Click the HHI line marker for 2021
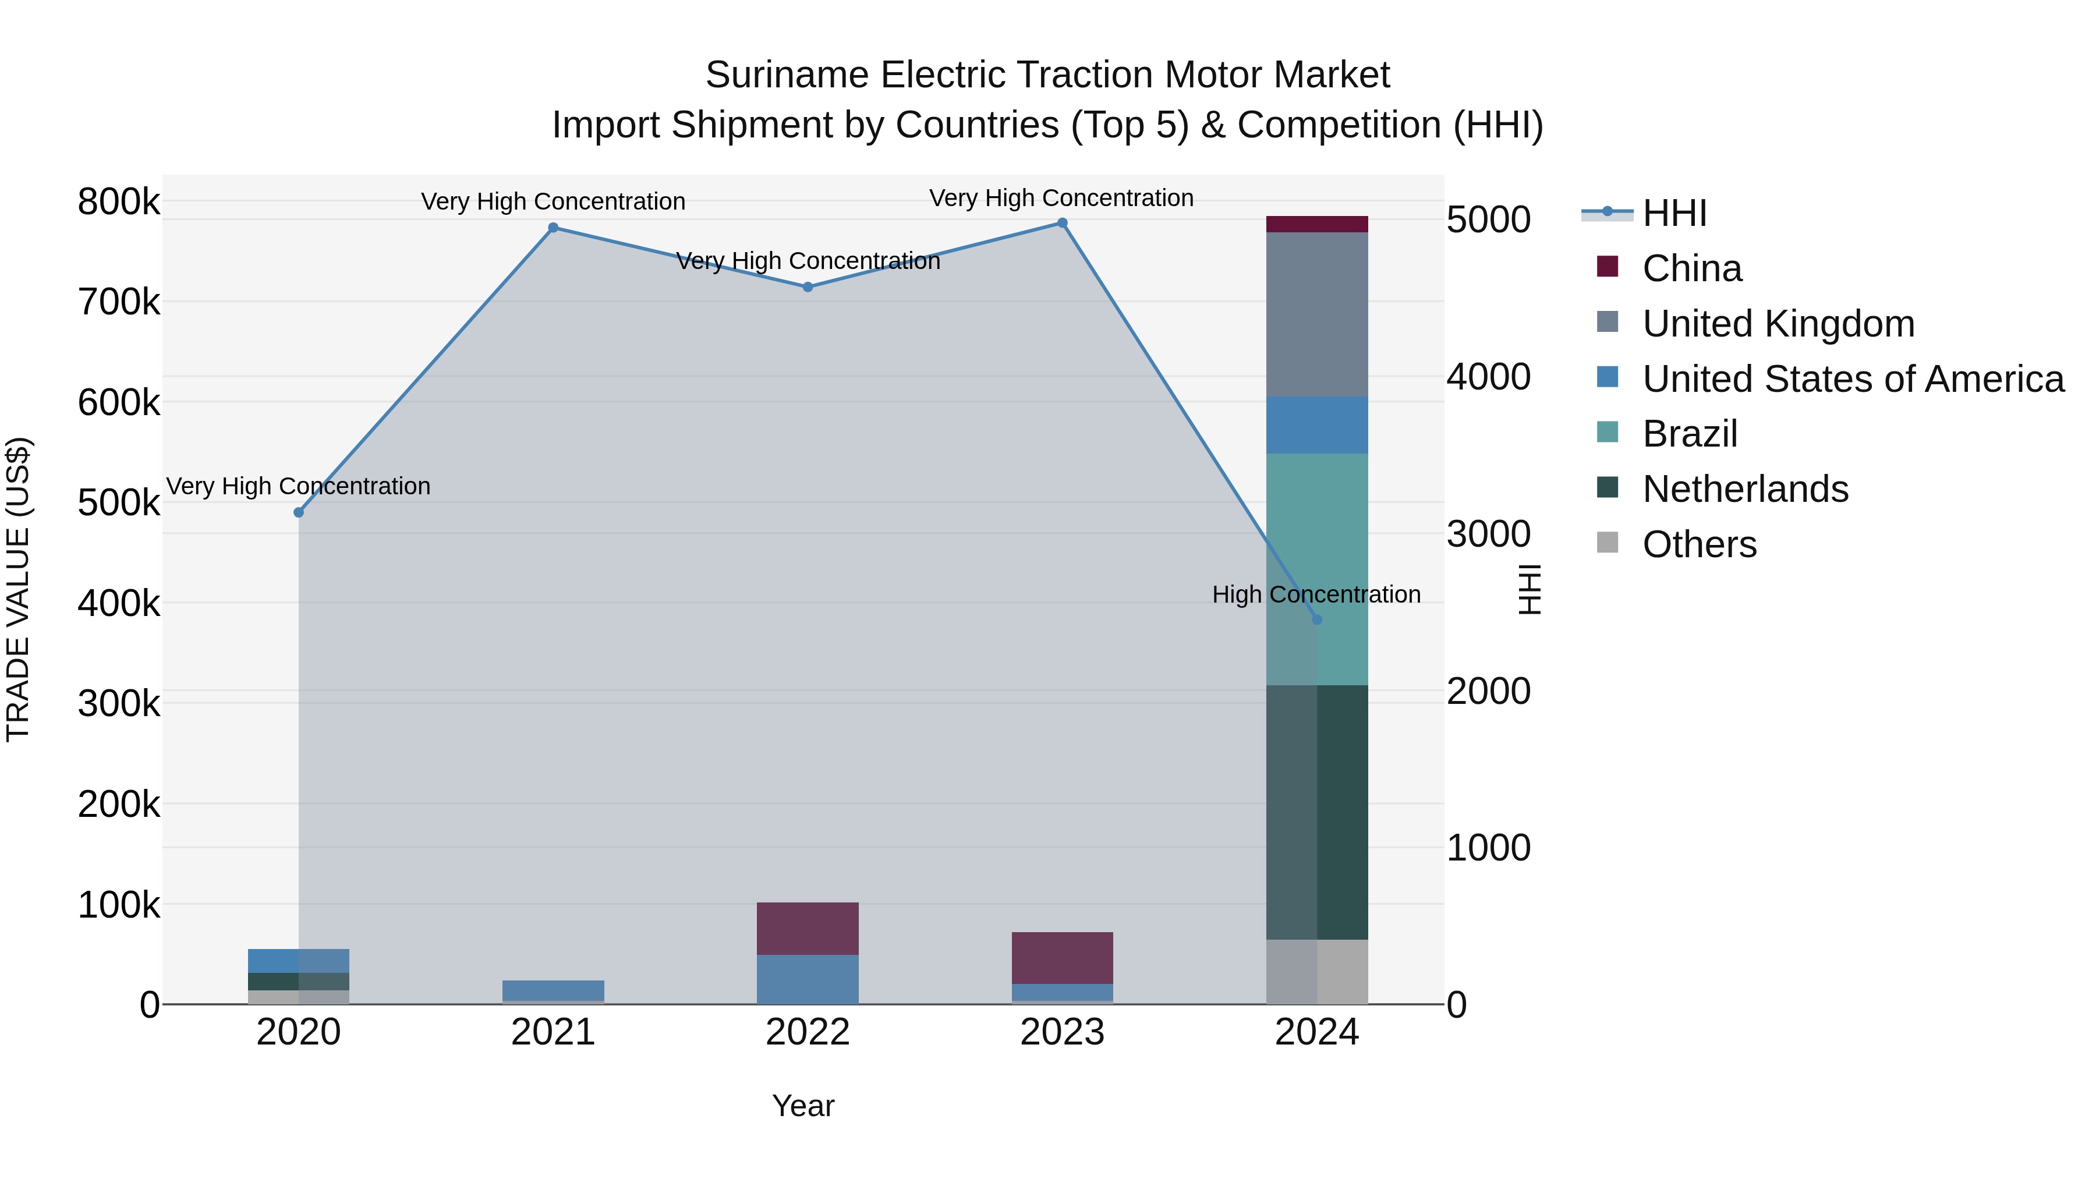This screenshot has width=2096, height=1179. click(553, 228)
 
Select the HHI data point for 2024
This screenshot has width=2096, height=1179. click(1318, 620)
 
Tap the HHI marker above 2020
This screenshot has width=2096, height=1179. click(299, 512)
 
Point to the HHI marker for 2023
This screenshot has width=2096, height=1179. click(1062, 223)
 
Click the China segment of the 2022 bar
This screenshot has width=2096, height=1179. click(807, 929)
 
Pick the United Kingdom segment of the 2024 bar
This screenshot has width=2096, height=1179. click(1318, 315)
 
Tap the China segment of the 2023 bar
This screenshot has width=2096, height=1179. click(1062, 958)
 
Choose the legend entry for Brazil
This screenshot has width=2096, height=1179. click(1689, 434)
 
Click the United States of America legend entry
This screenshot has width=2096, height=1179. click(1852, 379)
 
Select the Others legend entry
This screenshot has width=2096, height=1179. click(1699, 544)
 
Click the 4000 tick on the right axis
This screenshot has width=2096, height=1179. click(1489, 377)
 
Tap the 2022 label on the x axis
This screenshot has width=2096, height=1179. click(807, 1032)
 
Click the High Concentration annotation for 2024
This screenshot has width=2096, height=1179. click(1316, 595)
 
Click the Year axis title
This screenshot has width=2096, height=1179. click(803, 1106)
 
